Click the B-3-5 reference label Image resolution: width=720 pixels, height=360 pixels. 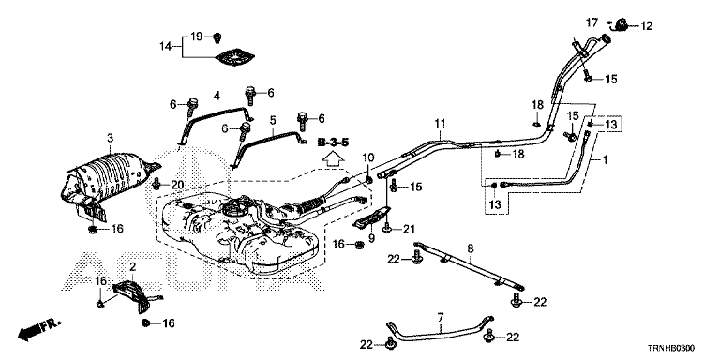coord(334,142)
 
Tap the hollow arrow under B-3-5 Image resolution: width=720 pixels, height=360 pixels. coord(334,158)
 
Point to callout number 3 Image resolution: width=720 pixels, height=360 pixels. coord(111,137)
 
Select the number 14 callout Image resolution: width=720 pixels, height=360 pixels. coord(165,46)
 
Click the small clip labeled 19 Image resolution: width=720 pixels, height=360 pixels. coord(217,37)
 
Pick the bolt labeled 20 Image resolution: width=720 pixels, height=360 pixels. coord(157,185)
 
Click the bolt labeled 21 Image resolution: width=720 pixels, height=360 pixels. coord(388,228)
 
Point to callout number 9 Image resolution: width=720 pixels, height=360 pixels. coord(371,238)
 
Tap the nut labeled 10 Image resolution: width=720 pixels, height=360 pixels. coord(368,179)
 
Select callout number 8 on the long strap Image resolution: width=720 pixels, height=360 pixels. coord(471,248)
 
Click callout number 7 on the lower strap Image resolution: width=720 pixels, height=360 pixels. coord(441,317)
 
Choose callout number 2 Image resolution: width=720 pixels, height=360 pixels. coord(133,267)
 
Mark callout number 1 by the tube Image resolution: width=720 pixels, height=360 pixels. coord(605,159)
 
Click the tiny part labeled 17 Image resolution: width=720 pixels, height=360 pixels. coord(609,22)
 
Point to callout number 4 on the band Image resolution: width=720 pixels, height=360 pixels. coord(217,96)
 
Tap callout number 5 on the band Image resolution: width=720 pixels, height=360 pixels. coord(273,120)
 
